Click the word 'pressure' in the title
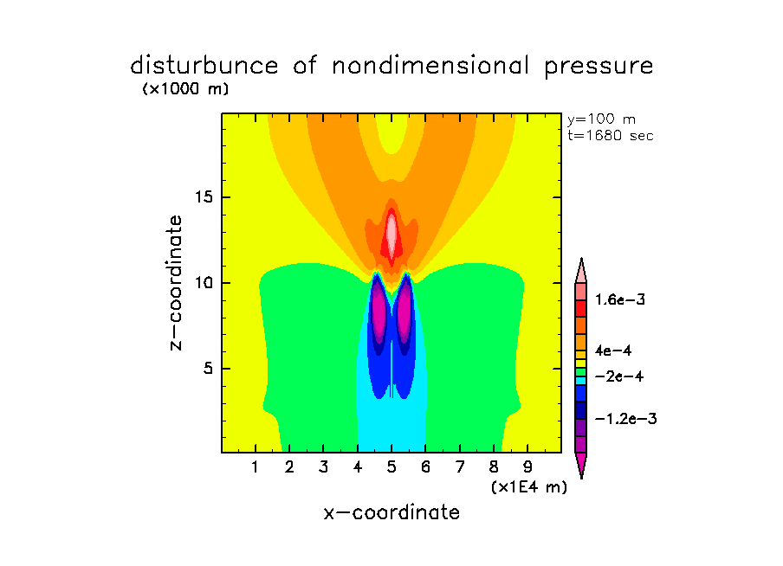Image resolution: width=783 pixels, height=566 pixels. pos(595,67)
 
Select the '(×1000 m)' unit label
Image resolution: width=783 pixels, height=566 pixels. pos(185,89)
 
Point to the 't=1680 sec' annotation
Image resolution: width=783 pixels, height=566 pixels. pos(609,135)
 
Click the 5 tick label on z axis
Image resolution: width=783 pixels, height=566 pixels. pos(208,368)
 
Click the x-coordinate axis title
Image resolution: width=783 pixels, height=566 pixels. pos(391,512)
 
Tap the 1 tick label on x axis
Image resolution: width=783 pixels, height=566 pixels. pos(256,468)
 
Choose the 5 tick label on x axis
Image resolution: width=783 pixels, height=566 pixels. pos(391,468)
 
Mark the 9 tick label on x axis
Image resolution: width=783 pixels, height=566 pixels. pos(527,468)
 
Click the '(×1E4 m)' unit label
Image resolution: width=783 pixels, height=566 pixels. pos(528,487)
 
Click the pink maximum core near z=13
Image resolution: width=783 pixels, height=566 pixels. pos(391,231)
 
